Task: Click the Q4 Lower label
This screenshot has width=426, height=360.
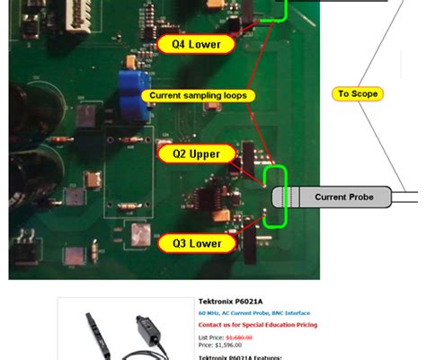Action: (x=196, y=43)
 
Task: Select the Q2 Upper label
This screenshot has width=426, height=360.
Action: (x=196, y=154)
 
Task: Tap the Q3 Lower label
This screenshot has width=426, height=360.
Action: (x=196, y=242)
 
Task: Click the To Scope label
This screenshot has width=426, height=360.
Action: (x=357, y=93)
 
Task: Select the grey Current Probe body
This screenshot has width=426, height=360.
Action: (x=341, y=197)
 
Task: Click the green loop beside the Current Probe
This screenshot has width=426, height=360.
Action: (x=277, y=197)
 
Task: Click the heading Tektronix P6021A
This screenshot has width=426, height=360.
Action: (x=230, y=302)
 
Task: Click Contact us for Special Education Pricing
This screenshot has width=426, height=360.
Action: (x=257, y=325)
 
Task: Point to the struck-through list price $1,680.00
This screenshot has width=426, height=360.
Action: (x=239, y=338)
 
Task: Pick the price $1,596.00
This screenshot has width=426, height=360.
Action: (x=228, y=345)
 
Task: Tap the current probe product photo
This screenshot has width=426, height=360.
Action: (x=126, y=331)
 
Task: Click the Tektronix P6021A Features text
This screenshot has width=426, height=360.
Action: (x=240, y=356)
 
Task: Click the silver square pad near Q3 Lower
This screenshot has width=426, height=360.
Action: (x=139, y=234)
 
